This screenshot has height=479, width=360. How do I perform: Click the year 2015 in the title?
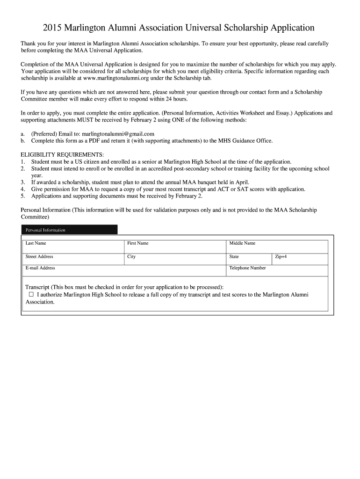coord(53,28)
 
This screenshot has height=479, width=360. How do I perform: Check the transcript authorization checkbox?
coord(31,295)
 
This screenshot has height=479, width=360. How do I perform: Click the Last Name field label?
coord(36,243)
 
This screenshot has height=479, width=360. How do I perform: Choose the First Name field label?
coord(138,243)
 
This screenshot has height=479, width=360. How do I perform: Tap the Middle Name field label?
coord(242,243)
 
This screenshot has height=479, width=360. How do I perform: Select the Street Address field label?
coord(39,256)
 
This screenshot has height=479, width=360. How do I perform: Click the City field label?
coord(131,256)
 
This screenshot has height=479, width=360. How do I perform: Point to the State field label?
coord(234,256)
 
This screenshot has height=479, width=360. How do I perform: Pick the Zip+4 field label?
coord(281,256)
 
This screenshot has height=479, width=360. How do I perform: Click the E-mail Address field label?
coord(40,268)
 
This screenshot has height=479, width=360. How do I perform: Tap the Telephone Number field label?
coord(247,268)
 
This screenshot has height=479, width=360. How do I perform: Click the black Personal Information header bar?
coord(69,230)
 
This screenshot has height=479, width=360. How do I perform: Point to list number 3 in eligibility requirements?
coord(22,182)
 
